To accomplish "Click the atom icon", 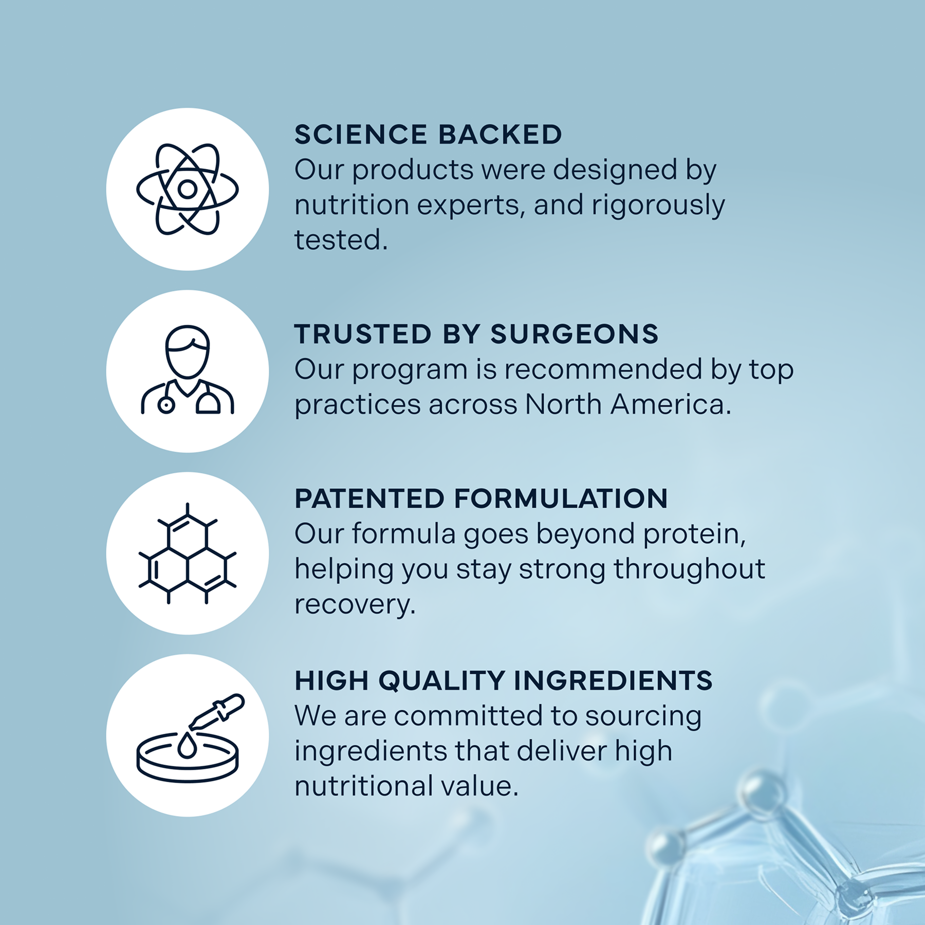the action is pos(188,189).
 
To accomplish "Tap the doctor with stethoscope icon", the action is pos(188,370).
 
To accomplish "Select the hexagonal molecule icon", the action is pos(188,553).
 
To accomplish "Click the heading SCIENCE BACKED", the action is pos(428,135).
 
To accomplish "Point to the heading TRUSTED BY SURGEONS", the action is pos(476,334).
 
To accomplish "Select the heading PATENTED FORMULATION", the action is pos(481,498).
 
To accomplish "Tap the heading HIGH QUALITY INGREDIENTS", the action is pos(504,680).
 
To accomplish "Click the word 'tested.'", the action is pos(341,240).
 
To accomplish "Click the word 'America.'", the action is pos(671,404).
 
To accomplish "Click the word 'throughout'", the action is pos(689,570).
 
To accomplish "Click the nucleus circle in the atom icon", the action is pos(187,189).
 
